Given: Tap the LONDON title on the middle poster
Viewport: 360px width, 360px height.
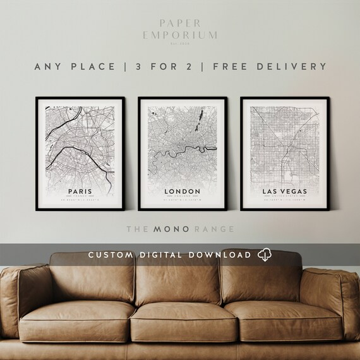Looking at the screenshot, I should click(x=181, y=190).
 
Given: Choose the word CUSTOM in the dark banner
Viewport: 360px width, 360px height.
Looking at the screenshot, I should click(x=111, y=255).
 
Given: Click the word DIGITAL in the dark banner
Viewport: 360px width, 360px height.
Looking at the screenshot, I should click(x=164, y=255).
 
